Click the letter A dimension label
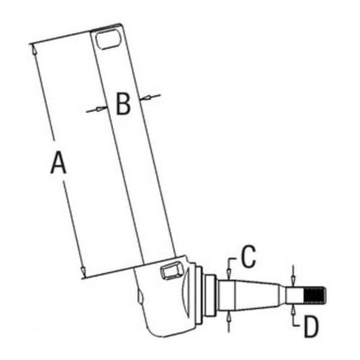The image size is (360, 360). (x=58, y=165)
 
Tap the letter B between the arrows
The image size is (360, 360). (x=122, y=105)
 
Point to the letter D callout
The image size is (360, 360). (x=310, y=328)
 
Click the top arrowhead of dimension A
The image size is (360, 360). (x=33, y=48)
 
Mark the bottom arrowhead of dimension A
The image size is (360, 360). (x=83, y=274)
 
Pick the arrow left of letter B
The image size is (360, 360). (x=93, y=110)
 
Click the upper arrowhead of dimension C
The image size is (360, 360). (x=228, y=273)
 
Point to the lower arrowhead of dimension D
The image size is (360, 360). (x=294, y=308)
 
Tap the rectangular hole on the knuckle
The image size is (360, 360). (x=170, y=271)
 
